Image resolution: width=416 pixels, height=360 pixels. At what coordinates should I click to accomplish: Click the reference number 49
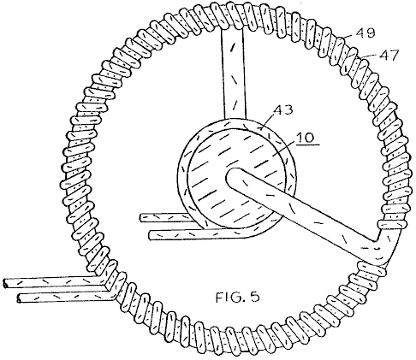pos(365,32)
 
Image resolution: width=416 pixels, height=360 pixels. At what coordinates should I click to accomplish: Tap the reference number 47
pos(388,55)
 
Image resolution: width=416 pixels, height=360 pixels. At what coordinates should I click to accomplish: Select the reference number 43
pos(283,110)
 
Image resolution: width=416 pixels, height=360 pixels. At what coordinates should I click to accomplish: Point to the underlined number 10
pos(305,138)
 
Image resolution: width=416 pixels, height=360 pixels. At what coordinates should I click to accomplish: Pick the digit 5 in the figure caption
pos(255,298)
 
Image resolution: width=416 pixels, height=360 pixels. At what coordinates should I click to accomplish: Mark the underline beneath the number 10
pos(307,145)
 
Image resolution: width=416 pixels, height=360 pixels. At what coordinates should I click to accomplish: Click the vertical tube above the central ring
pos(234,74)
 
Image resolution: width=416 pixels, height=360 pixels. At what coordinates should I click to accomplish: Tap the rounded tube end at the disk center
pos(234,178)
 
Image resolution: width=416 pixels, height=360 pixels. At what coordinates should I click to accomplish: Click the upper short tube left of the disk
pos(165,218)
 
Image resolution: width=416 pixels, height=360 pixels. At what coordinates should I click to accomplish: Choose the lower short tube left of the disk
pos(182,235)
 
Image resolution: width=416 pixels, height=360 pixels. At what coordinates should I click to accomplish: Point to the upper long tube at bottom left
pos(51,282)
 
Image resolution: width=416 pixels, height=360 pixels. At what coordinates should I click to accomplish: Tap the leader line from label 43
pos(267,121)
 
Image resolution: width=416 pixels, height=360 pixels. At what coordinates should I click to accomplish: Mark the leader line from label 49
pos(349,36)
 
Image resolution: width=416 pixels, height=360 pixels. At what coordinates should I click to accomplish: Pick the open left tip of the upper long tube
pos(4,284)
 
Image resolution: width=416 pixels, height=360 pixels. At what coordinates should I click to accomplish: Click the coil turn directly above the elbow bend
pos(391,225)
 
